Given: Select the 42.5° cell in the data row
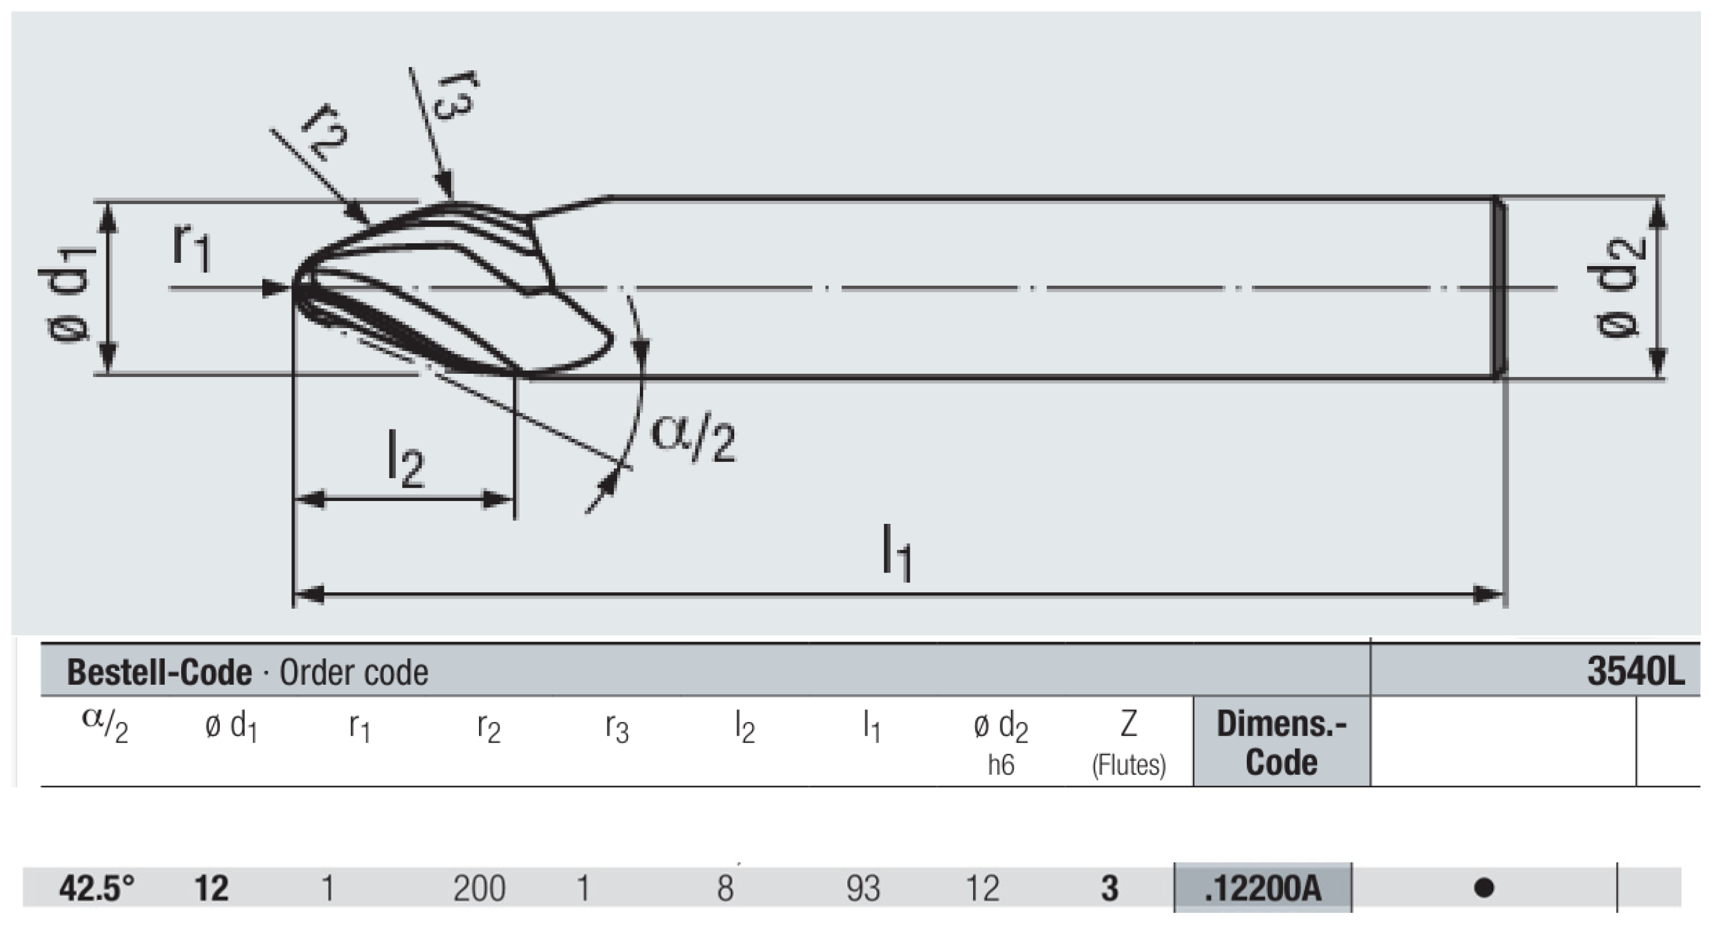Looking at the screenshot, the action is [x=96, y=887].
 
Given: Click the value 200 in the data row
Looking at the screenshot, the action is [x=480, y=888].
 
